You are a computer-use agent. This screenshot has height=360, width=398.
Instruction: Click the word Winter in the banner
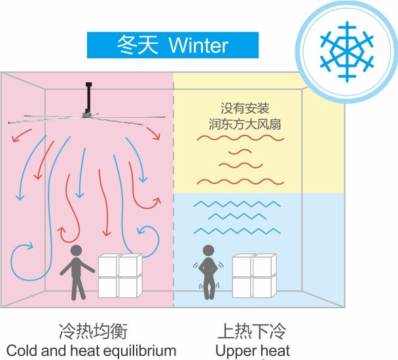pyautogui.click(x=198, y=45)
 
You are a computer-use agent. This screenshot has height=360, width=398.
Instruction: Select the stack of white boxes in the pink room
pyautogui.click(x=120, y=276)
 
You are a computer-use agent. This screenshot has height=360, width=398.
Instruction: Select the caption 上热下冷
pyautogui.click(x=253, y=331)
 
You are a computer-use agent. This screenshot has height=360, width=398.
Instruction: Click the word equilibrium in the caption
pyautogui.click(x=139, y=350)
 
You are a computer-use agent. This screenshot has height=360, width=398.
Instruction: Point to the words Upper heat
pyautogui.click(x=253, y=350)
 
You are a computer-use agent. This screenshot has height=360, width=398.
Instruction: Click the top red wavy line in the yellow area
pyautogui.click(x=240, y=139)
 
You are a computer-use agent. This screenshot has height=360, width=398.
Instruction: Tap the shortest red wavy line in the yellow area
pyautogui.click(x=240, y=152)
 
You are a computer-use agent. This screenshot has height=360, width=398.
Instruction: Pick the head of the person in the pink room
pyautogui.click(x=76, y=251)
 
